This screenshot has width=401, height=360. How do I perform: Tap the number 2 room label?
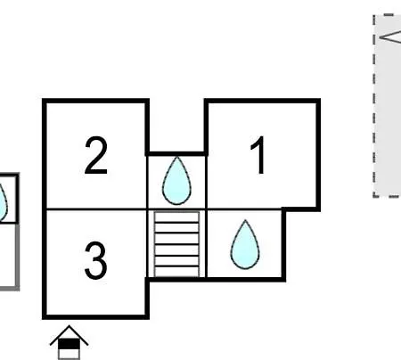pos(95,155)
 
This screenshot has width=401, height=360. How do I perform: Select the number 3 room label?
pos(95,260)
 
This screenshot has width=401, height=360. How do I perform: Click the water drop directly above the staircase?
pos(176,181)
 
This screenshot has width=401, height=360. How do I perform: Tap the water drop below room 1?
pos(245,244)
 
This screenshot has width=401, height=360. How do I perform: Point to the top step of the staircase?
pos(176,217)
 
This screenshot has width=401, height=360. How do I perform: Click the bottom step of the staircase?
pos(176,272)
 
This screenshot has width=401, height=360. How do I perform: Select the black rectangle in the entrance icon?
pos(69,345)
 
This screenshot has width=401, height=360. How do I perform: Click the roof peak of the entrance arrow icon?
pos(69,326)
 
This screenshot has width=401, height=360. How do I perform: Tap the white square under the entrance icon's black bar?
pos(69,355)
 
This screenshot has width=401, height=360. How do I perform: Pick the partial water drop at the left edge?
pos(3,202)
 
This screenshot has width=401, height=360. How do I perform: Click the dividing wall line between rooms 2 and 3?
pos(96,209)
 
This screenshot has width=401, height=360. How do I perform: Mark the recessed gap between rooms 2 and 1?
pos(176,127)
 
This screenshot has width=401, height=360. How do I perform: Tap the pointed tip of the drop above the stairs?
pos(177,157)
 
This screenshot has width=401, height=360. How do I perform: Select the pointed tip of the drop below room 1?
pos(245,220)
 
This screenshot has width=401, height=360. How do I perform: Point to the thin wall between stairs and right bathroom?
pos(206,243)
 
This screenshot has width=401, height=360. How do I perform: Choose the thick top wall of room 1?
pos(262,101)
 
